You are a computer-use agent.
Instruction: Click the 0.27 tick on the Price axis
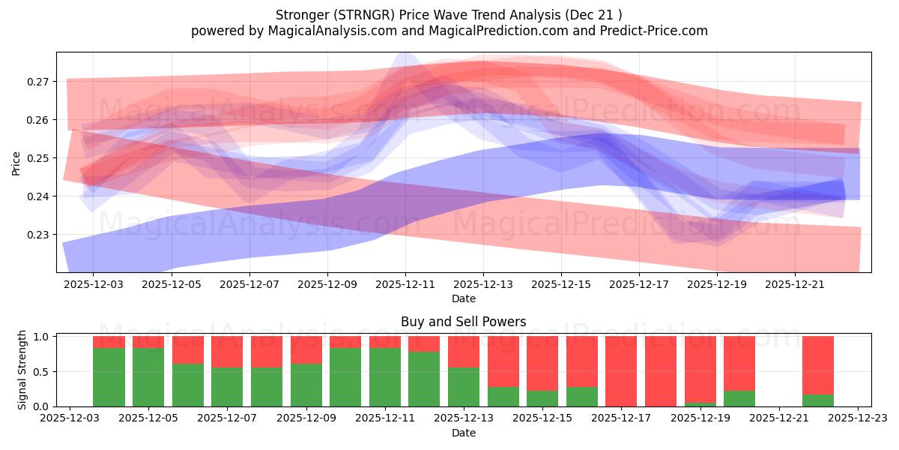[x=39, y=82]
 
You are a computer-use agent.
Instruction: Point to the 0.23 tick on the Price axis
[x=39, y=235]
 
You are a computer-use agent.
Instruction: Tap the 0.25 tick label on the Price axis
[x=39, y=158]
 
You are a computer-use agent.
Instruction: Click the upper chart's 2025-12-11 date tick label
[x=405, y=285]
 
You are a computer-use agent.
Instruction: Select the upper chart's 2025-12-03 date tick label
[x=94, y=285]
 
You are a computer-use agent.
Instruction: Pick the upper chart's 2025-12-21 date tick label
[x=796, y=285]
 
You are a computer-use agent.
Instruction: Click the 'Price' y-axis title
[x=16, y=163]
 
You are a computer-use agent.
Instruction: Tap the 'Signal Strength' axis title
[x=22, y=370]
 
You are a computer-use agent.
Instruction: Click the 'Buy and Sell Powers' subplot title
[x=463, y=322]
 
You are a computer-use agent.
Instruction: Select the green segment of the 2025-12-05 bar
[x=148, y=377]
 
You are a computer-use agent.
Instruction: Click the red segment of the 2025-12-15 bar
[x=542, y=363]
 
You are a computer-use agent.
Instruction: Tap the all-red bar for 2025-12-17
[x=621, y=371]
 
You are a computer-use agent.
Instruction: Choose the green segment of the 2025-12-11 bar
[x=385, y=377]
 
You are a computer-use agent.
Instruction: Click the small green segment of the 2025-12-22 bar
[x=818, y=400]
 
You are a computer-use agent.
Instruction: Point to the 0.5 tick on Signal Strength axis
[x=42, y=371]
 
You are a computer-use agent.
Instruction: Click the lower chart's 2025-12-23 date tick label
[x=858, y=418]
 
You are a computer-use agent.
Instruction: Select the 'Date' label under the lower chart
[x=463, y=433]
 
